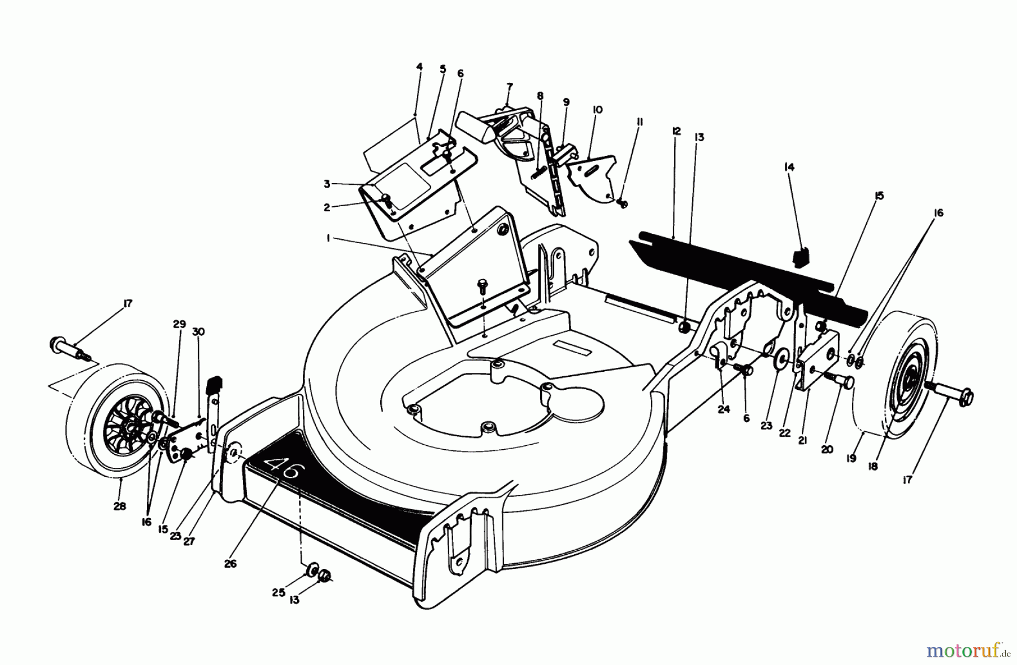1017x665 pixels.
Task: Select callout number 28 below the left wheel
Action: click(x=120, y=506)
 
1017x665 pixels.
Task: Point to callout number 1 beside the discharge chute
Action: click(x=328, y=239)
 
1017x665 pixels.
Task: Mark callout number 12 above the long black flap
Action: click(x=677, y=132)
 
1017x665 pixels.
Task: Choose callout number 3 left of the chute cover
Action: click(x=327, y=184)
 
